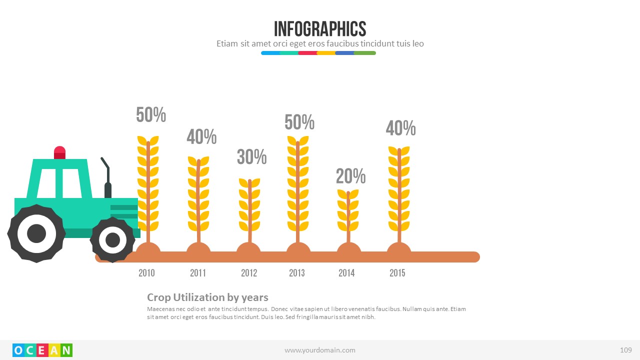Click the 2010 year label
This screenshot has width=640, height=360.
click(x=146, y=272)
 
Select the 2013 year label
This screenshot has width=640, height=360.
click(x=296, y=272)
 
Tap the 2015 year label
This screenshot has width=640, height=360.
click(x=397, y=272)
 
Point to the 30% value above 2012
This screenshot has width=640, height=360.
click(x=251, y=157)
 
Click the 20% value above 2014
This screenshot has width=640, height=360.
click(x=350, y=176)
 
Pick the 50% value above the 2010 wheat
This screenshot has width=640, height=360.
click(x=151, y=115)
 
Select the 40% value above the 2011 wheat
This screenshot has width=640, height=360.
click(x=201, y=136)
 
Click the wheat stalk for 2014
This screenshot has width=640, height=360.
click(x=348, y=212)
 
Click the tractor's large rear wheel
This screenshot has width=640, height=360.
click(x=36, y=233)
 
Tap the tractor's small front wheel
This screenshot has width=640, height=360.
click(x=112, y=240)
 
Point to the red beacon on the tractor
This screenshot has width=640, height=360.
click(x=59, y=152)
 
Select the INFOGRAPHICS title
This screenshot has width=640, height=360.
click(x=320, y=29)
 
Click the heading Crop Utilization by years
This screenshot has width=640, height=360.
click(x=207, y=297)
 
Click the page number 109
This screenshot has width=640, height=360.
click(x=625, y=350)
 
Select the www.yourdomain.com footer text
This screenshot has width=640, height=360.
click(x=320, y=350)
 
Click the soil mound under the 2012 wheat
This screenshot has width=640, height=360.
click(x=248, y=250)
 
